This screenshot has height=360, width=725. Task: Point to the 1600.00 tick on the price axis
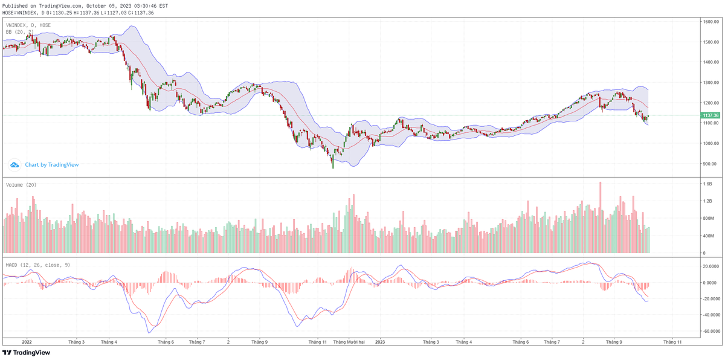tap(710, 22)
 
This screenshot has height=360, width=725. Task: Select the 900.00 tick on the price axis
tap(710, 164)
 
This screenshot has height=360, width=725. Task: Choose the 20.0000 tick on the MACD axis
tap(711, 266)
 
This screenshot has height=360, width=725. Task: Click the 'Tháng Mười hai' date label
tap(348, 342)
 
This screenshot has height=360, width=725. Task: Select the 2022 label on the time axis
tap(27, 342)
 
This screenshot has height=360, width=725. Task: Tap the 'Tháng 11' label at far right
tap(672, 342)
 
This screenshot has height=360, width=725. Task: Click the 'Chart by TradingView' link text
tap(52, 164)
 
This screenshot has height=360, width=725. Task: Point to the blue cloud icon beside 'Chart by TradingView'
tap(15, 164)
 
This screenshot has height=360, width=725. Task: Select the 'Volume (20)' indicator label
tap(21, 185)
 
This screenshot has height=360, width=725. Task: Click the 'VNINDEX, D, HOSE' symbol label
tap(28, 25)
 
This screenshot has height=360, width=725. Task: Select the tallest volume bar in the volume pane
tap(601, 217)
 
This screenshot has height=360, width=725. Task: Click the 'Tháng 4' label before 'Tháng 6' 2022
tap(109, 342)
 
